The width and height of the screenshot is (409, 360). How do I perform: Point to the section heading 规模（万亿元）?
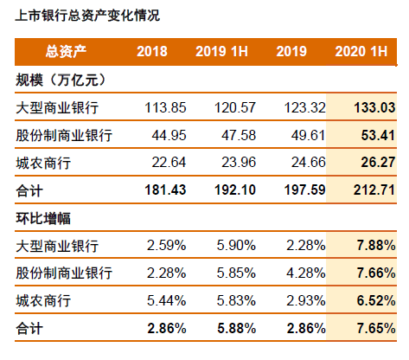[61, 80]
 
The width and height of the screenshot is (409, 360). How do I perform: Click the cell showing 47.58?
[229, 135]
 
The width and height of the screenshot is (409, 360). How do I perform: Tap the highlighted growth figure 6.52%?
[369, 301]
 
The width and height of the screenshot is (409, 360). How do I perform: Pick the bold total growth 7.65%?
[369, 329]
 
